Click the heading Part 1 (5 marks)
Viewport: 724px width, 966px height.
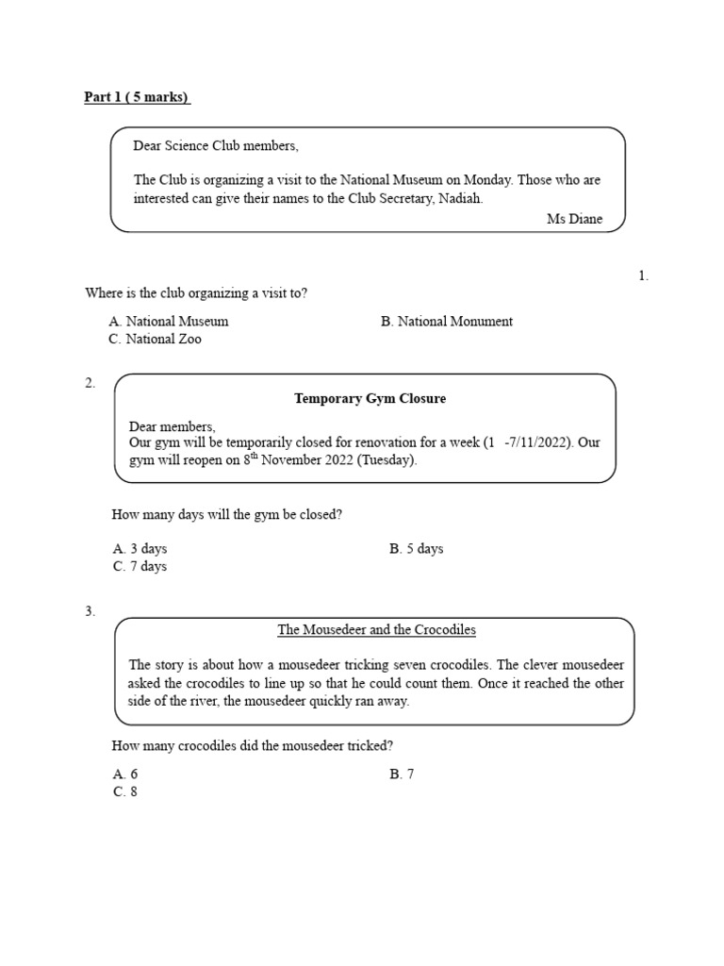tap(137, 97)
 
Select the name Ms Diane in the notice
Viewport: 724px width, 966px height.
tap(574, 219)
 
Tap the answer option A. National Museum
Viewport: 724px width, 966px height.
tap(169, 321)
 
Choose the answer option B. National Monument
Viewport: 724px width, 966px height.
tap(447, 321)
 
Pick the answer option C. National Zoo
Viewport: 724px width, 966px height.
tap(156, 339)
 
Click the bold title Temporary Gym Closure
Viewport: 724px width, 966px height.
tap(370, 398)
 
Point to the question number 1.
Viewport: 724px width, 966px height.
tap(644, 275)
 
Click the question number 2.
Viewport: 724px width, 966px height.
tap(90, 382)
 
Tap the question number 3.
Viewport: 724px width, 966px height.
tap(90, 611)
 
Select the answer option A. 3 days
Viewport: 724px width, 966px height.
tap(140, 548)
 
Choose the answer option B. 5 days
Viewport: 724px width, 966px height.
tap(416, 548)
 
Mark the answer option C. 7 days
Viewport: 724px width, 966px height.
tap(140, 566)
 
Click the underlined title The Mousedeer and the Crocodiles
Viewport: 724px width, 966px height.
tap(376, 629)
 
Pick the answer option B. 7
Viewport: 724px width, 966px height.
tap(402, 774)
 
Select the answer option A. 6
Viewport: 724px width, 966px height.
tap(125, 774)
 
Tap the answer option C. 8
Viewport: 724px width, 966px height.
tap(125, 791)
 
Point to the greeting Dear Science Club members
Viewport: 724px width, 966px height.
tap(216, 146)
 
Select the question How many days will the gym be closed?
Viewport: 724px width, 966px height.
tap(226, 515)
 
